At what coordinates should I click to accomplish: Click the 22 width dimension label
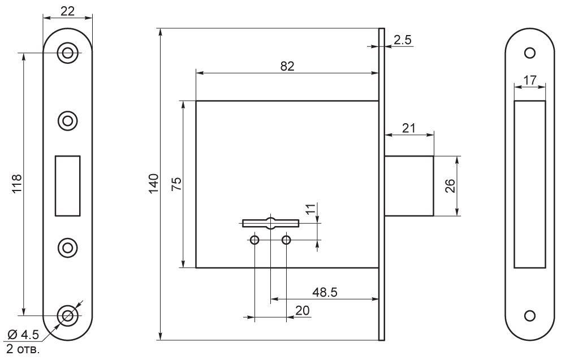[x=68, y=11]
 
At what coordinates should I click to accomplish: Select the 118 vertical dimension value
[x=17, y=184]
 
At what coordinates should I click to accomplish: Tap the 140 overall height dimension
[x=153, y=184]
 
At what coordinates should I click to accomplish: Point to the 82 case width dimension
[x=287, y=66]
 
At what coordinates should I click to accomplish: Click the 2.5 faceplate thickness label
[x=403, y=40]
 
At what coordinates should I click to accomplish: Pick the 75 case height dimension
[x=177, y=184]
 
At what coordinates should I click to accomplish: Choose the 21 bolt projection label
[x=408, y=128]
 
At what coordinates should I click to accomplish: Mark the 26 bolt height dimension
[x=450, y=186]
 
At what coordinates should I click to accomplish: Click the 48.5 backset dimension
[x=325, y=292]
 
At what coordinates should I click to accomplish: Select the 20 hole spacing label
[x=303, y=310]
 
